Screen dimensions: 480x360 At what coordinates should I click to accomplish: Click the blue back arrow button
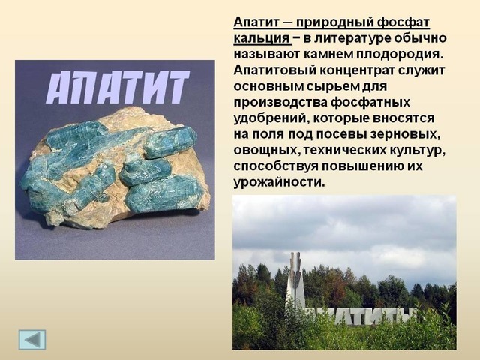32,340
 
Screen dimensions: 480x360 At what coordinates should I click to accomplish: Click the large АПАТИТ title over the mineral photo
118,88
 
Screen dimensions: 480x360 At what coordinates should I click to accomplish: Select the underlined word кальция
262,38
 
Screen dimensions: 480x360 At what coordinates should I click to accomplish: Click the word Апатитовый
274,70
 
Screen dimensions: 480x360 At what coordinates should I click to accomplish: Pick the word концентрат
357,70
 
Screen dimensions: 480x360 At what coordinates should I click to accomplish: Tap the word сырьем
333,87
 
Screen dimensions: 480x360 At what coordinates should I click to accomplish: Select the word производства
280,103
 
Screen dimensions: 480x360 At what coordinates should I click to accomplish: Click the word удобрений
270,118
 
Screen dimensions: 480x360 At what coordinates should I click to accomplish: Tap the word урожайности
279,183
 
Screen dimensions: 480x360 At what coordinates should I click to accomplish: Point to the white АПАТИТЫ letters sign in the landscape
361,316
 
